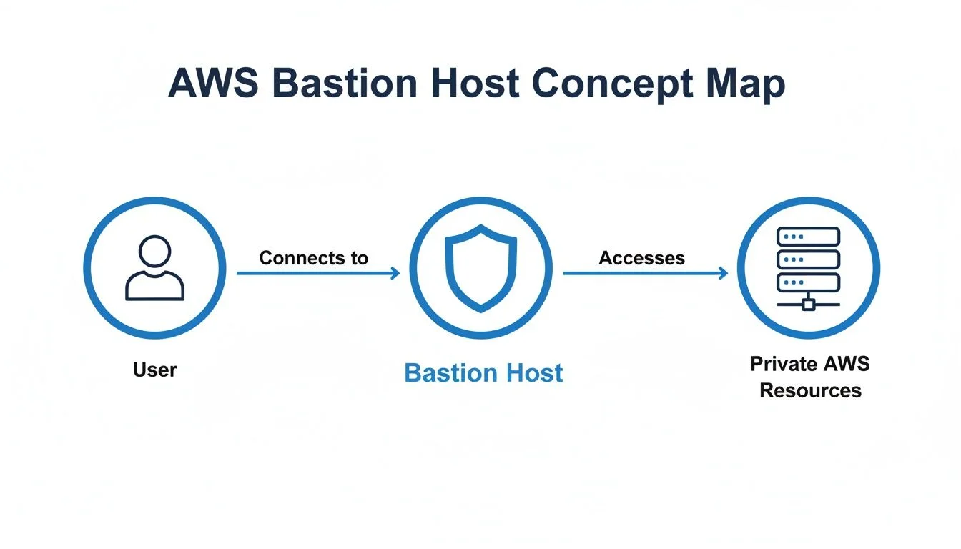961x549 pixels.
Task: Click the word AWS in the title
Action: pyautogui.click(x=214, y=84)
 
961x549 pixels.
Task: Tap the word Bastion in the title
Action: pyautogui.click(x=345, y=84)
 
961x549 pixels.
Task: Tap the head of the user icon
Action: pyautogui.click(x=154, y=252)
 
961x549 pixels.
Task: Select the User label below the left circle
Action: pyautogui.click(x=154, y=370)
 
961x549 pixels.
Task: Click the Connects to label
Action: pyautogui.click(x=313, y=258)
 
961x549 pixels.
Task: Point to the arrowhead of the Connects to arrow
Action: pyautogui.click(x=395, y=273)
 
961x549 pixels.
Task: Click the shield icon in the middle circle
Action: pyautogui.click(x=480, y=268)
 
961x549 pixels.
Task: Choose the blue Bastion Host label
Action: pyautogui.click(x=483, y=373)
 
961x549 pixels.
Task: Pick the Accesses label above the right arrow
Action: pyautogui.click(x=641, y=258)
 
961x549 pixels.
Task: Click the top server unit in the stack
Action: pyautogui.click(x=808, y=237)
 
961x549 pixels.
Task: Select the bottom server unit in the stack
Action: pyautogui.click(x=808, y=282)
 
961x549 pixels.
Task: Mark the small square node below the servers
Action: pyautogui.click(x=808, y=305)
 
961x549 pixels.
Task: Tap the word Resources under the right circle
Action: pyautogui.click(x=810, y=390)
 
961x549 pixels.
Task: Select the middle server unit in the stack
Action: pyautogui.click(x=808, y=259)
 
